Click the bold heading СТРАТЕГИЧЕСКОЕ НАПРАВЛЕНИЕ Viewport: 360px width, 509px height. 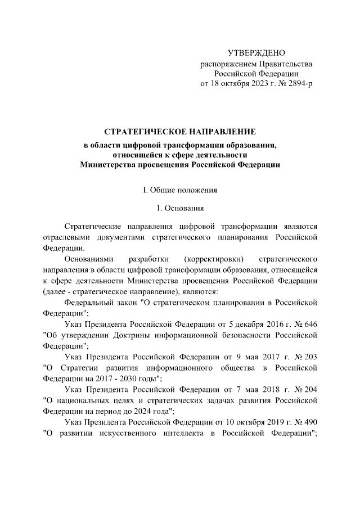(180, 132)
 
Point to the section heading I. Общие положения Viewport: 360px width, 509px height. (180, 189)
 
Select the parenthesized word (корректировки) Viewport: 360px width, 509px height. (214, 259)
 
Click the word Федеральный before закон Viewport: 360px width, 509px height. (87, 302)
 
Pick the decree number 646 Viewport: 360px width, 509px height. (311, 324)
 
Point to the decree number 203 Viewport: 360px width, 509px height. (311, 357)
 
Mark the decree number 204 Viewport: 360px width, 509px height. (311, 389)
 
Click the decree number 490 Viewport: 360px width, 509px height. (311, 421)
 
